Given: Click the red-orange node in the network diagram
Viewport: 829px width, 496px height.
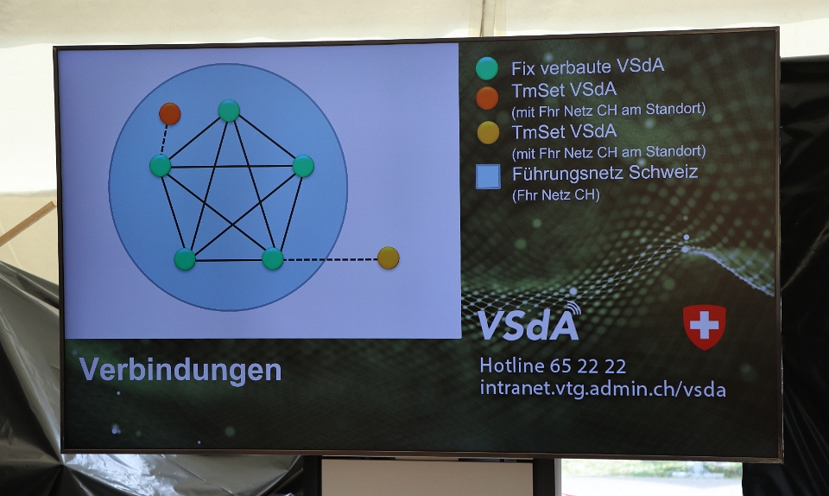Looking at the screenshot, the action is point(170,114).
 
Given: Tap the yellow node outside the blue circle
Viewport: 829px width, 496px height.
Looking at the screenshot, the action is point(388,258).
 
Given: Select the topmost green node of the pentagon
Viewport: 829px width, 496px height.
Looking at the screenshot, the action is point(229,110).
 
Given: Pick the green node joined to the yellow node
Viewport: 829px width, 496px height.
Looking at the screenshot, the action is point(273,258).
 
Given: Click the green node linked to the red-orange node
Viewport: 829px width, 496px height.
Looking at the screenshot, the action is point(161,166).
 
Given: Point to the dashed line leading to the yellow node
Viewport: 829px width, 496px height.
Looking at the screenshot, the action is point(331,259).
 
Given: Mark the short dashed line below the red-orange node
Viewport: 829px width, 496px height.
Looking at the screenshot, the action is point(164,140).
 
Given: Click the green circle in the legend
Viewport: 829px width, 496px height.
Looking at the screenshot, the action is point(486,68).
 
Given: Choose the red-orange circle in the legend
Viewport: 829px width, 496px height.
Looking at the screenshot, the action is point(487,99).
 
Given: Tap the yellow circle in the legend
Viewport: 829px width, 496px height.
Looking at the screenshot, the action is point(488,133).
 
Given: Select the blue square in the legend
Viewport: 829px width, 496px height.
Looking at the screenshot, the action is point(488,176).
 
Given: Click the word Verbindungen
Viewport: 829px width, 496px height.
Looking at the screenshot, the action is point(180,370).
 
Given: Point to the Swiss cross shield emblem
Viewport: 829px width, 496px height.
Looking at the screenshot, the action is point(705,327).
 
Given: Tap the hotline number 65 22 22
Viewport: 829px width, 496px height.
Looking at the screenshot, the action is point(588,366).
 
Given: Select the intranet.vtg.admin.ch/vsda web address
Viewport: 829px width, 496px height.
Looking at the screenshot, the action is point(603,389).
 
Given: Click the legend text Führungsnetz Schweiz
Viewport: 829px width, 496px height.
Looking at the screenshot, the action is point(604,172).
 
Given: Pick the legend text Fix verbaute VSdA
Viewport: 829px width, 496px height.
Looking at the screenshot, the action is point(587,67).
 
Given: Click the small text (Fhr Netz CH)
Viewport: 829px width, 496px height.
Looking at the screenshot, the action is point(555,195).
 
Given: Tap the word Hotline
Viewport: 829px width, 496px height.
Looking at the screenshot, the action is point(512,366).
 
